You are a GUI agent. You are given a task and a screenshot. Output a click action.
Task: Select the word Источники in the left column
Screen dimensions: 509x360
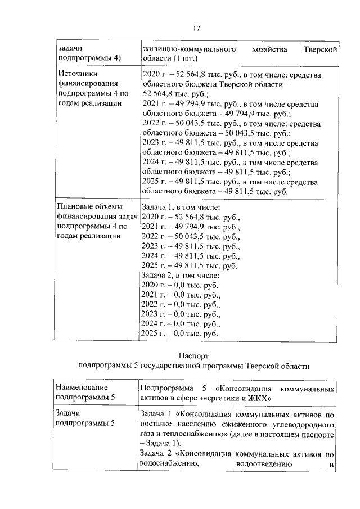click(x=78, y=74)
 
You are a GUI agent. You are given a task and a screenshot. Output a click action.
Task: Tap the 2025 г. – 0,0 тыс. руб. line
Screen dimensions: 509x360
click(x=179, y=334)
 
